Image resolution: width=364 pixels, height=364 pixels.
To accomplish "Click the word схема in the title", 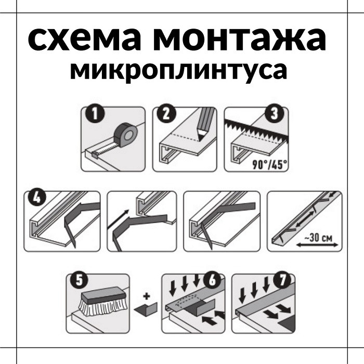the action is point(85,38).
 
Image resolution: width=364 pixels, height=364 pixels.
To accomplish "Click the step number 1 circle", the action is point(95,114).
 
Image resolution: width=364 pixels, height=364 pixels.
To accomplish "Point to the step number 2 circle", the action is point(167,114).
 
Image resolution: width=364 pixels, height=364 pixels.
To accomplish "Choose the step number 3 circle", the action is point(275,114).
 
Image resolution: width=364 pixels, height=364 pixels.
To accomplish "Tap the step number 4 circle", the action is point(37,198).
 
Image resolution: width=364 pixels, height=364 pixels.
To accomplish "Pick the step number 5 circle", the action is point(80,280).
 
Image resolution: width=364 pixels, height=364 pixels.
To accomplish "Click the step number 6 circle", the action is point(212,280).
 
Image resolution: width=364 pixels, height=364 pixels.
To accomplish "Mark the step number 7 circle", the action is point(282,280).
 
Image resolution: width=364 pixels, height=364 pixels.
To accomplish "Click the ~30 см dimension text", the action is point(318,238).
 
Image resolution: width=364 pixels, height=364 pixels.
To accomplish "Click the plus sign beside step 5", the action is point(147,296).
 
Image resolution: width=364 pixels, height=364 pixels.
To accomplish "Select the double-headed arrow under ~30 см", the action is point(317,245).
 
